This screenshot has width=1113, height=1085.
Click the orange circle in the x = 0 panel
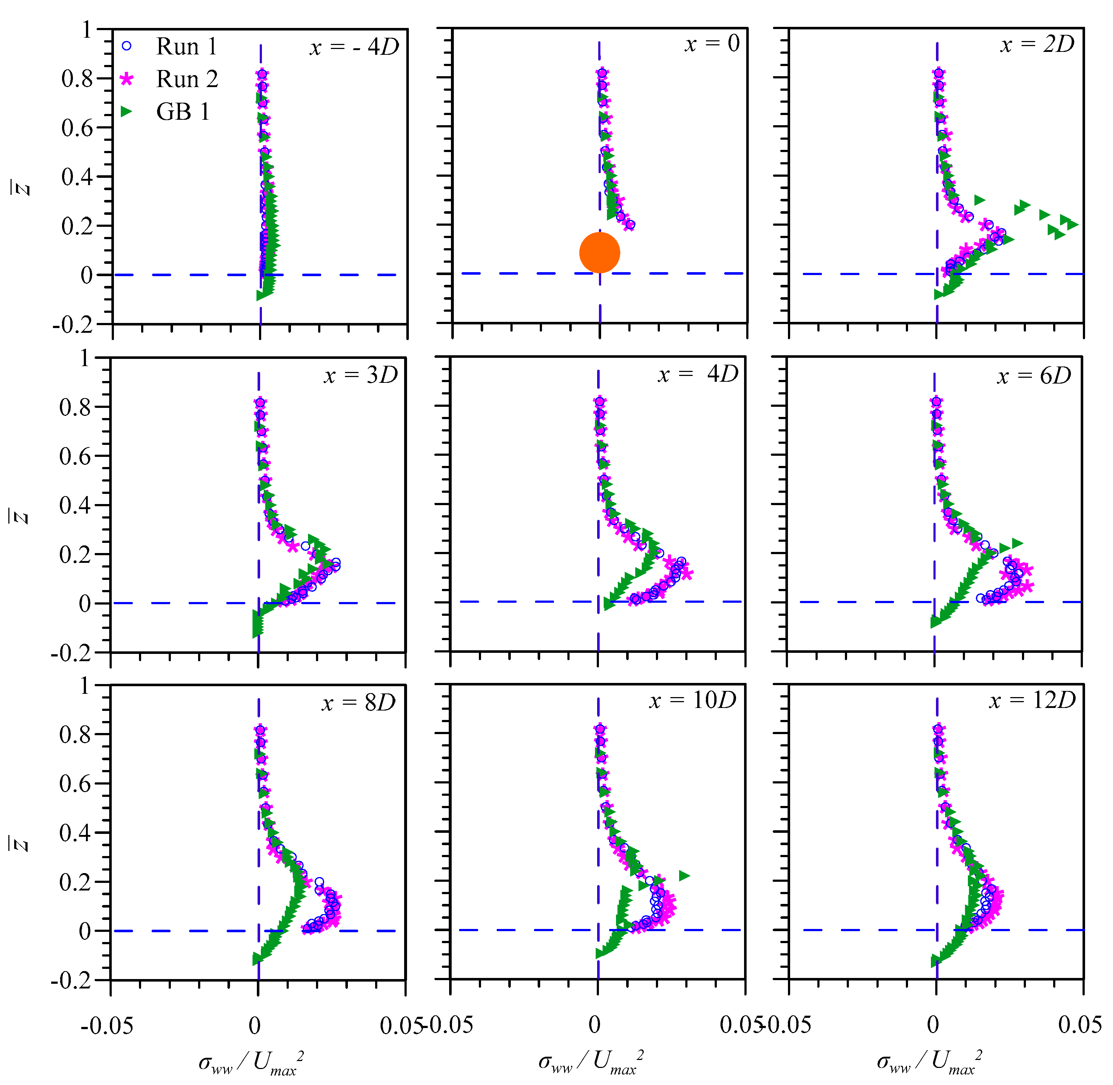click(599, 253)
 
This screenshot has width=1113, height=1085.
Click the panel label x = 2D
click(1037, 44)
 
